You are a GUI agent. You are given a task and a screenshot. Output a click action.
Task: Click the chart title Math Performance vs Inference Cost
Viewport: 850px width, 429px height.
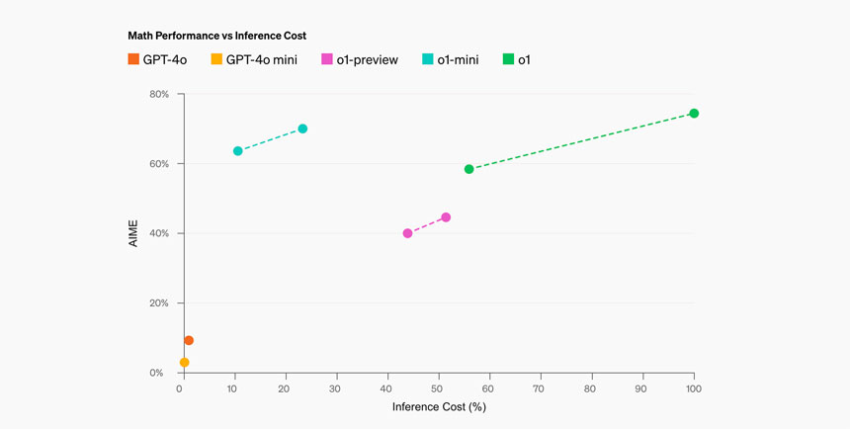coord(216,36)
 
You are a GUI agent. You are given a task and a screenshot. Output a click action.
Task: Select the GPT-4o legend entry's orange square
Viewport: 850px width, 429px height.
coord(133,60)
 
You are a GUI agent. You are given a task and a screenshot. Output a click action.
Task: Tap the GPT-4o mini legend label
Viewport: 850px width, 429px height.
coord(261,60)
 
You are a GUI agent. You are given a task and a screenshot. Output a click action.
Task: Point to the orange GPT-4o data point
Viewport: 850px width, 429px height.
coord(189,341)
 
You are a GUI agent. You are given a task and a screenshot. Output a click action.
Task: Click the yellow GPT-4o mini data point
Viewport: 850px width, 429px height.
coord(184,363)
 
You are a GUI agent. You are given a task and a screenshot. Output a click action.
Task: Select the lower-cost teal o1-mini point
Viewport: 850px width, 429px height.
coord(238,151)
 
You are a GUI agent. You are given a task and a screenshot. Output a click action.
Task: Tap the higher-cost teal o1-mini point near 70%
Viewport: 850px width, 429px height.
coord(302,129)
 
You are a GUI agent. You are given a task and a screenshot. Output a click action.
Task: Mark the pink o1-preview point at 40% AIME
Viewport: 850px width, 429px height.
coord(407,233)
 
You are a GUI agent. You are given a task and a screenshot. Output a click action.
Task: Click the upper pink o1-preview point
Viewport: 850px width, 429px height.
coord(446,217)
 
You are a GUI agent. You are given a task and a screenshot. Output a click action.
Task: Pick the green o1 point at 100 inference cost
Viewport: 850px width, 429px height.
coord(694,114)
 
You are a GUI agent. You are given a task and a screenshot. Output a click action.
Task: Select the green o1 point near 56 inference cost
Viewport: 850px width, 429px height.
coord(469,169)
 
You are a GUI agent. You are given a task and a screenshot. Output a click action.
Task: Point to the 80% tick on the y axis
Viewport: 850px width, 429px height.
coord(158,95)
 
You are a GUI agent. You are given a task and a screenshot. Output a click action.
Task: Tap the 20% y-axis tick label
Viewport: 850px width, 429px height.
coord(158,303)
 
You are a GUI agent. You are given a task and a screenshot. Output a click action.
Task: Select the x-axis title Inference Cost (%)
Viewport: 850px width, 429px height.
coord(439,407)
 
